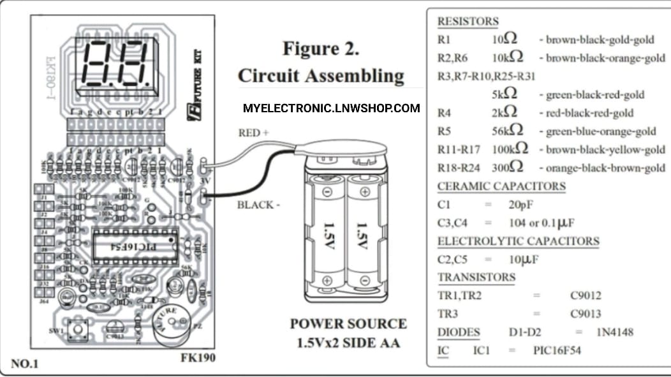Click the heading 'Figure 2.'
[321, 49]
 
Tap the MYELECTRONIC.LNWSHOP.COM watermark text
[331, 108]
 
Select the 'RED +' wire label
[254, 133]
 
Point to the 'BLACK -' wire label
[258, 205]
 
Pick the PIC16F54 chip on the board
[133, 246]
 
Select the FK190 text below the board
[198, 358]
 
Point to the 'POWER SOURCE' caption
[348, 323]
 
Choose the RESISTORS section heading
[468, 22]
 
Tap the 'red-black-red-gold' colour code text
[589, 113]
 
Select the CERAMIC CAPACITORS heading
[501, 186]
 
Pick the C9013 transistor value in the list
[585, 314]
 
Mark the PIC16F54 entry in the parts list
[556, 351]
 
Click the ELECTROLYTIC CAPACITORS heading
[518, 241]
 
